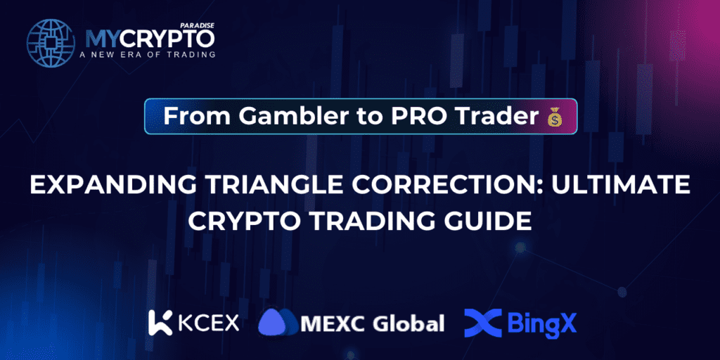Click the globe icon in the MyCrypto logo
click(x=51, y=43)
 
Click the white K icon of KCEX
click(x=161, y=323)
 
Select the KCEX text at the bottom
click(x=209, y=323)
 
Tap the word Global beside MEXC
click(x=408, y=323)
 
